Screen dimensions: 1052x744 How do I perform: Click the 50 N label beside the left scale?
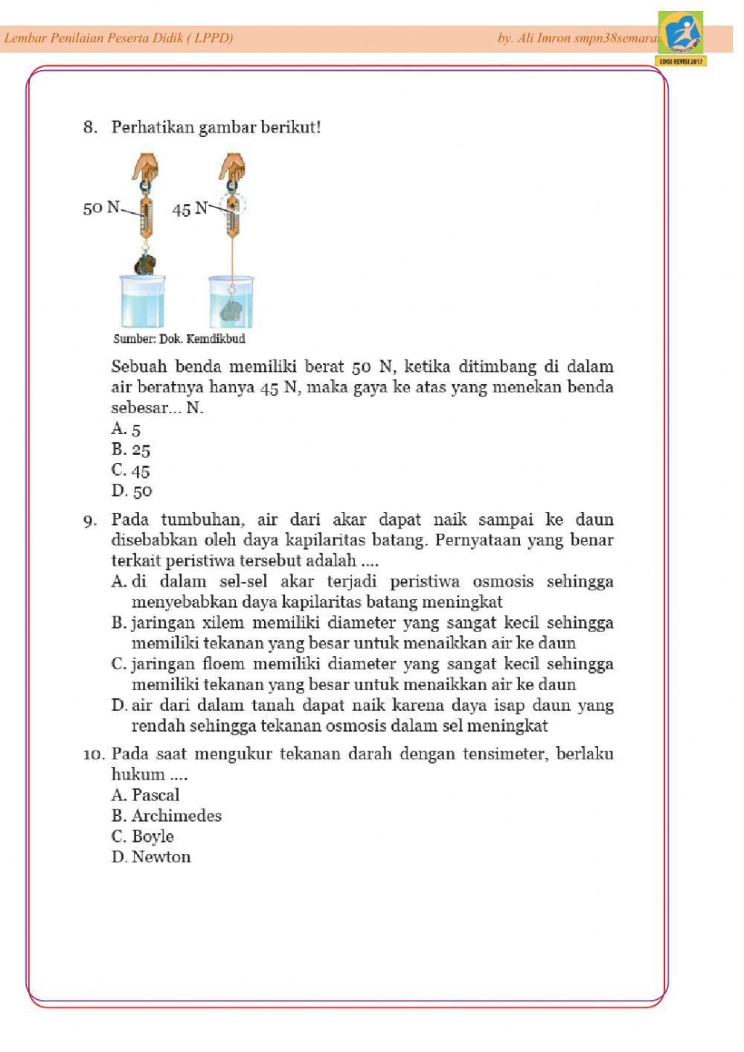101,207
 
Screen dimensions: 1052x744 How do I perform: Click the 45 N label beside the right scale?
190,209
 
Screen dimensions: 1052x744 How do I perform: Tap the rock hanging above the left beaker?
146,264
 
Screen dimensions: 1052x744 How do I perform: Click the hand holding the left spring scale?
145,167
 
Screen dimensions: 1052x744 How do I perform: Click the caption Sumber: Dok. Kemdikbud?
179,339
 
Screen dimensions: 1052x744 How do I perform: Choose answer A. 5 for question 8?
126,429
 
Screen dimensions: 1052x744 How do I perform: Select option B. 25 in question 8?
131,450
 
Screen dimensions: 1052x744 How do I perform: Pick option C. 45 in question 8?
131,471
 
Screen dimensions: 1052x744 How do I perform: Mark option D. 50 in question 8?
132,491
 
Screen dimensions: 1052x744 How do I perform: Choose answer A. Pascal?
146,795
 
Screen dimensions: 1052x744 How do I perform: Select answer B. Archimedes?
167,816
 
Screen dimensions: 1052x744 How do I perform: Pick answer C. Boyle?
143,837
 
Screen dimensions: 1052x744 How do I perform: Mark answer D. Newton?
151,857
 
